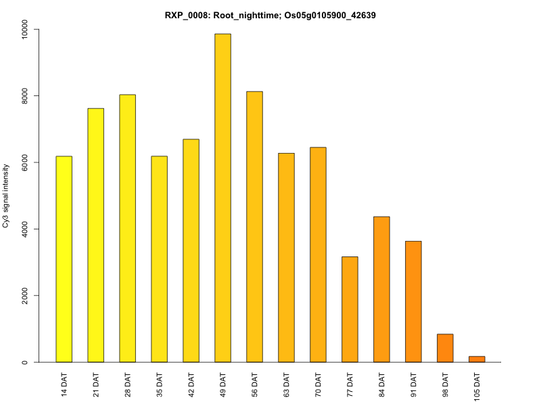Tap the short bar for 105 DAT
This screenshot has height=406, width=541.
[477, 359]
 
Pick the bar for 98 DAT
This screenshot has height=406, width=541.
[445, 348]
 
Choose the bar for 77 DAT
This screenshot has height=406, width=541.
[350, 309]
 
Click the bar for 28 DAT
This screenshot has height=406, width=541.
[128, 228]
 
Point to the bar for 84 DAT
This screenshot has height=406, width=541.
[381, 289]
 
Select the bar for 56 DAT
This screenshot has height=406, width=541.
[255, 227]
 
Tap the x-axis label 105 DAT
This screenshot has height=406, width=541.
[477, 386]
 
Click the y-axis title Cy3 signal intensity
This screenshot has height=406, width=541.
[7, 196]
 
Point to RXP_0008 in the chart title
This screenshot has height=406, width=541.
[186, 14]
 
